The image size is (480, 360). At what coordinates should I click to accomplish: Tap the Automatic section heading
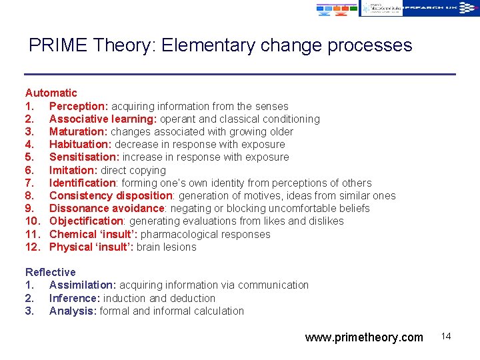tap(51, 93)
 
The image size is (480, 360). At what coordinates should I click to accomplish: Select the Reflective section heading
tap(51, 272)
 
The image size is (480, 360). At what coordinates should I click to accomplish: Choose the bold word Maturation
tap(78, 132)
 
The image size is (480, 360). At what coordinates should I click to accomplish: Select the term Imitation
tap(73, 170)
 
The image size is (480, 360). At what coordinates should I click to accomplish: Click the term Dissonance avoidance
tap(107, 209)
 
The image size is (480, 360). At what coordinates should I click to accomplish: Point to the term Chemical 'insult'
tap(93, 234)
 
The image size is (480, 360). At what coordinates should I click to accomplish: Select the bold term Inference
tap(75, 298)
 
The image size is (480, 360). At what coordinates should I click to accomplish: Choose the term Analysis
tap(73, 311)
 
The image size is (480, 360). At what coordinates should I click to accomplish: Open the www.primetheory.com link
tap(364, 337)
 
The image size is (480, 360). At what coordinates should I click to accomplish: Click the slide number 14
tap(446, 336)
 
